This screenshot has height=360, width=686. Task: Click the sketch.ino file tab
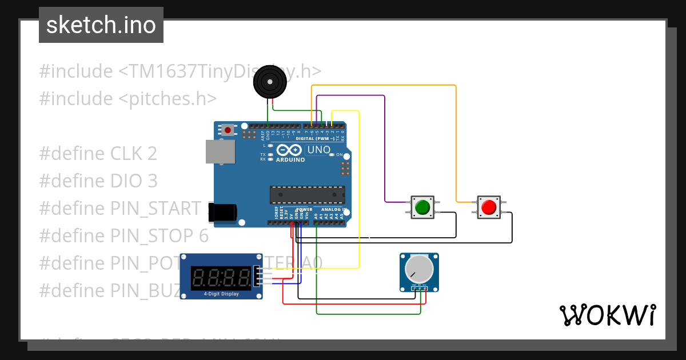(101, 25)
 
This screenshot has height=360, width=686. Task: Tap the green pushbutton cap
(422, 207)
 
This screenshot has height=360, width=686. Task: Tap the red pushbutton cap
(489, 207)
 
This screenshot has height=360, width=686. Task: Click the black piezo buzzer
(270, 82)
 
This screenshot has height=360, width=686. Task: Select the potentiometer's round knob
(419, 269)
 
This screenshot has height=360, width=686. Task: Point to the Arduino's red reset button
(228, 130)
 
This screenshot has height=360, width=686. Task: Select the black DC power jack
(222, 212)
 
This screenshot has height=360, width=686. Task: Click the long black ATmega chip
(308, 195)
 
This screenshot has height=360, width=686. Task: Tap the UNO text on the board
(319, 150)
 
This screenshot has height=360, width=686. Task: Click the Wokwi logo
(607, 315)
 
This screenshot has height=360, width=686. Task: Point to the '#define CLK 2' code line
(98, 154)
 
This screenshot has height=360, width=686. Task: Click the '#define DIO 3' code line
(98, 181)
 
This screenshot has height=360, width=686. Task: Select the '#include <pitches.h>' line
(128, 98)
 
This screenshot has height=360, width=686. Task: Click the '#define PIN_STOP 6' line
(124, 235)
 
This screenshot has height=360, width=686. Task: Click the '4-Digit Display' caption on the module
(221, 294)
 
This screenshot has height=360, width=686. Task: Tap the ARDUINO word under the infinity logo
(290, 160)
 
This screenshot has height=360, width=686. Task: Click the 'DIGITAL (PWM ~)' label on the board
(314, 138)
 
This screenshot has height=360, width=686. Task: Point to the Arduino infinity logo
(289, 150)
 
